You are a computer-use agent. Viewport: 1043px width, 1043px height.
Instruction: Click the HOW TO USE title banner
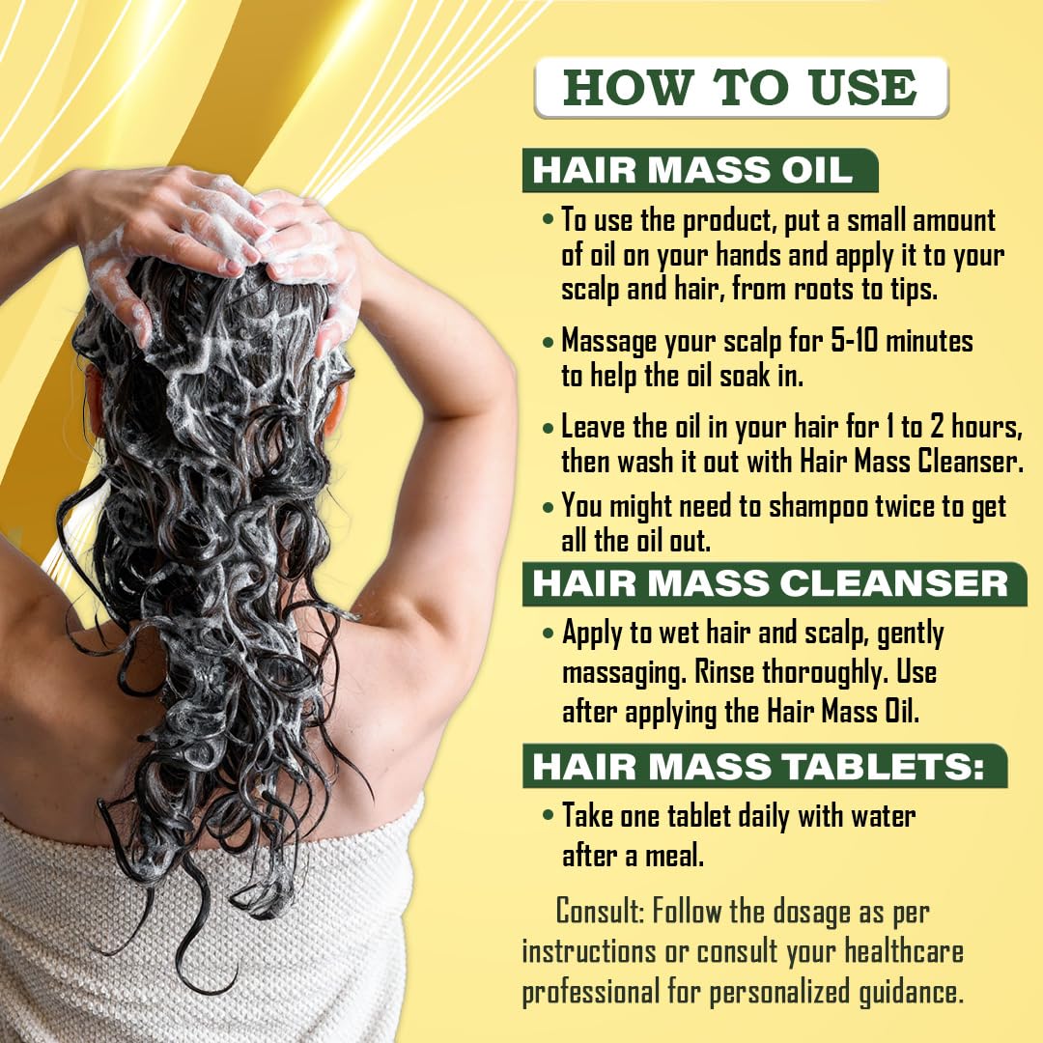740,88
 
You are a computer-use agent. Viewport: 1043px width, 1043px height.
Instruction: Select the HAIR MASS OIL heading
692,171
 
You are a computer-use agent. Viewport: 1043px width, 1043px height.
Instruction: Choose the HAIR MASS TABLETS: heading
759,766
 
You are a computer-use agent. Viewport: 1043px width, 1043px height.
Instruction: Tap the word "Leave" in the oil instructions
597,426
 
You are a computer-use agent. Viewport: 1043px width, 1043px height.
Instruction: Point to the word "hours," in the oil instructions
975,426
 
